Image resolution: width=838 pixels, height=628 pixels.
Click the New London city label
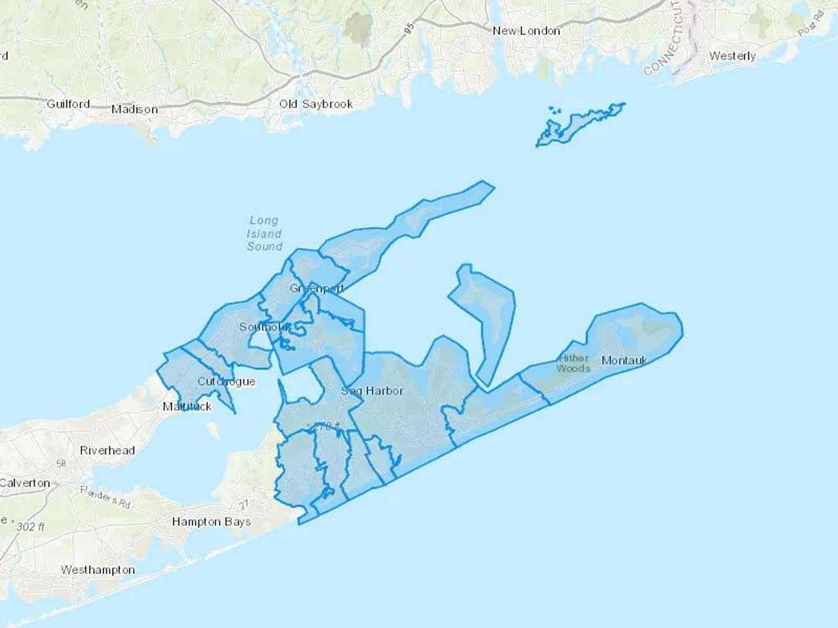point(526,31)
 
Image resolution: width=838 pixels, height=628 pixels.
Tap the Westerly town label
point(732,56)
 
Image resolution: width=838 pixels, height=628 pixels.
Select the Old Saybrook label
point(316,104)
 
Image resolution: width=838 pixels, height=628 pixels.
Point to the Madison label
point(135,109)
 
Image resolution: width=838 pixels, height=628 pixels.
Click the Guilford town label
point(68,104)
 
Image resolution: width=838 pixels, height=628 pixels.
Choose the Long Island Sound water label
point(264,234)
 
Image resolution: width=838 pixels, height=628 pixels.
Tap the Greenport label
point(317,288)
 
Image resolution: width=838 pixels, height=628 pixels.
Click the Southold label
point(264,327)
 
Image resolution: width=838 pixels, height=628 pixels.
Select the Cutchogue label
point(226,381)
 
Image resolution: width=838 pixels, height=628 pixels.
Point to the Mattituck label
point(187,407)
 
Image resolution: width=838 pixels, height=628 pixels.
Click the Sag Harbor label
point(372,391)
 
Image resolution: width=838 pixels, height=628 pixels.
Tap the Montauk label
point(624,360)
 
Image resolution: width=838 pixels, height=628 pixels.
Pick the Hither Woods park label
point(573,363)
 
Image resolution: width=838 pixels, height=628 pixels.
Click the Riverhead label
point(108,450)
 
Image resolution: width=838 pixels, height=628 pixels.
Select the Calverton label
point(25,483)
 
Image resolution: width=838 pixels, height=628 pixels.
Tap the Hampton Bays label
point(211,522)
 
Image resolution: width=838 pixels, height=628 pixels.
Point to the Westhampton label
point(98,570)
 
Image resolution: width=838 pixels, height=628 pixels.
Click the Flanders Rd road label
point(105,497)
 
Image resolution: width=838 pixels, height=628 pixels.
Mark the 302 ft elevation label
point(31,527)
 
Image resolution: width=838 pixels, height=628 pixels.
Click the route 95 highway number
point(409,29)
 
